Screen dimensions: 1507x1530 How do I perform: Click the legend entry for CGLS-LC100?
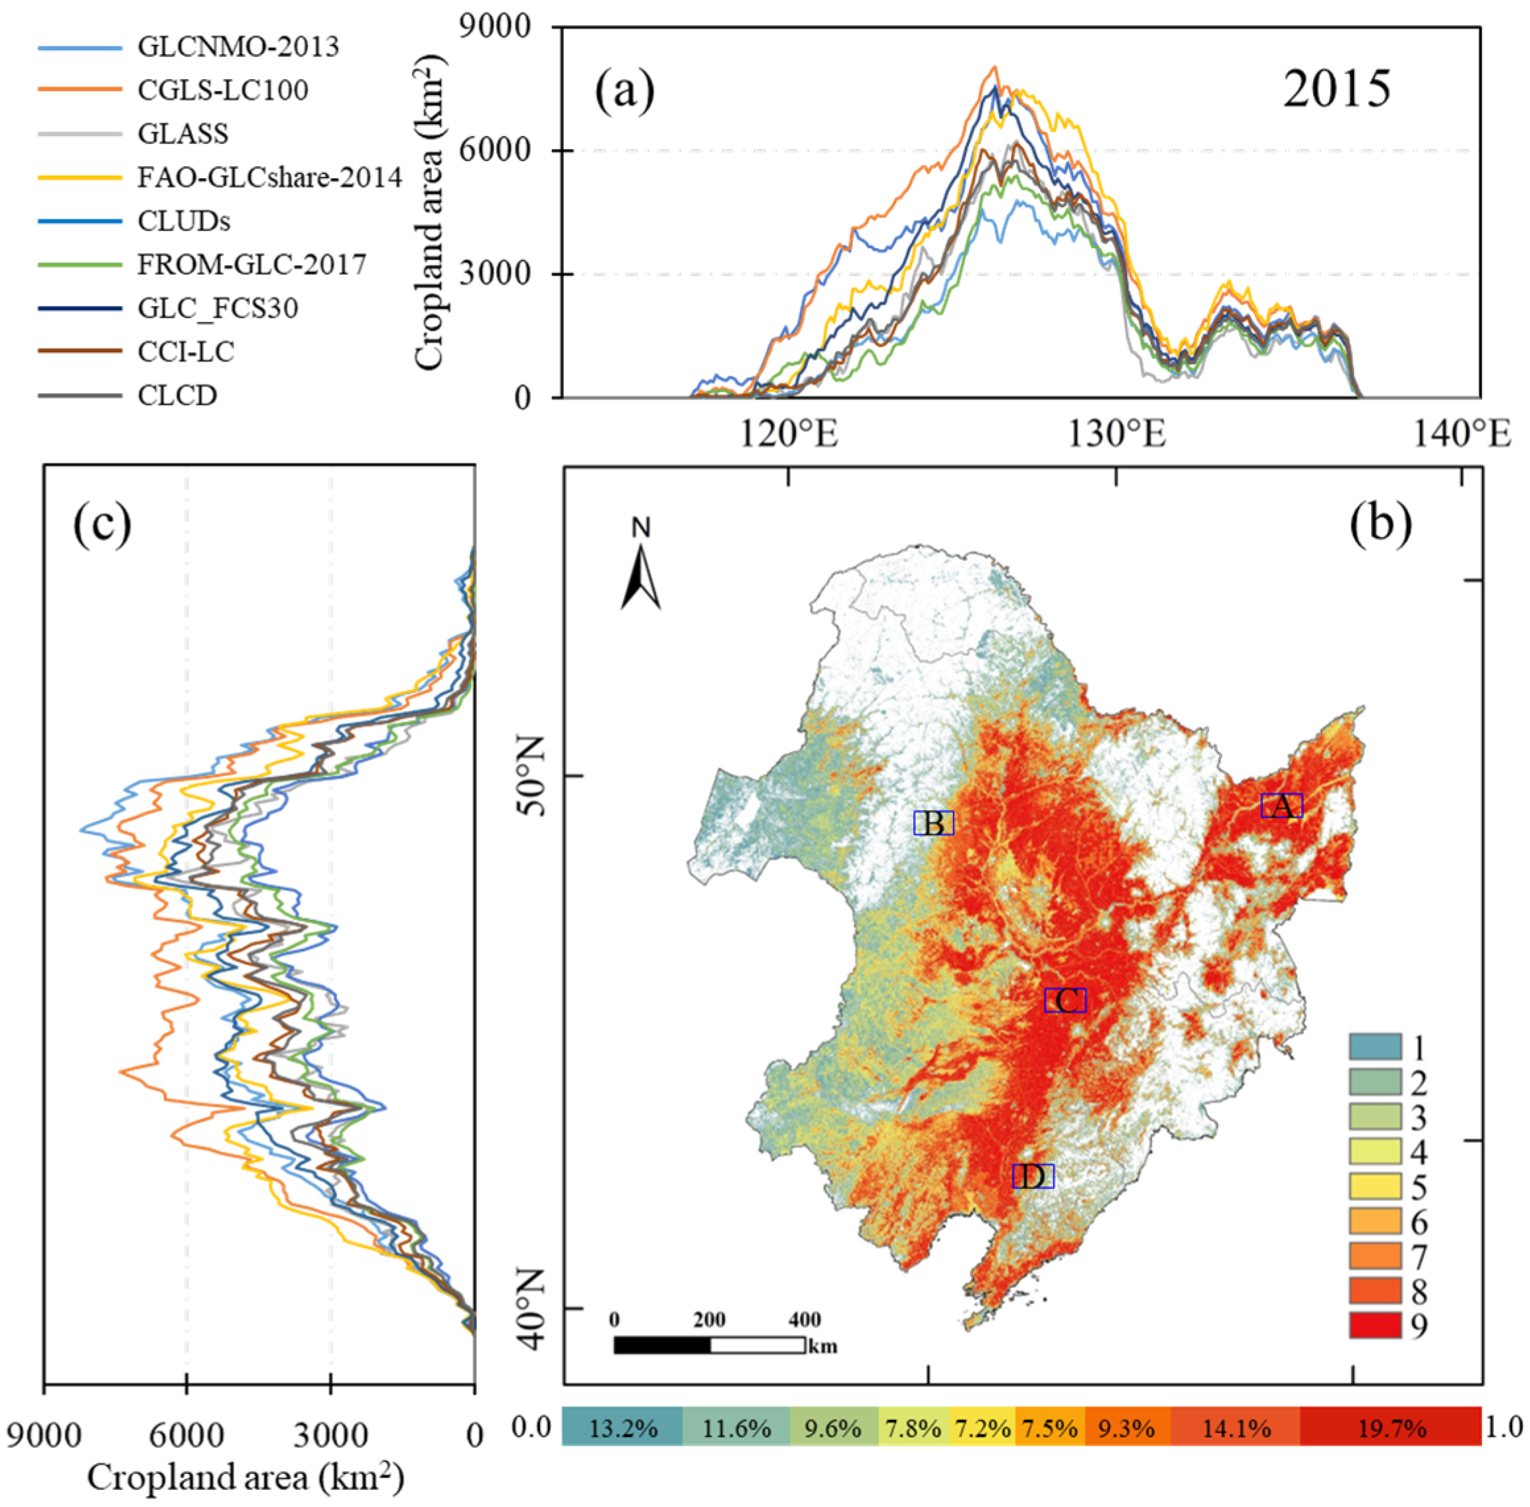pos(222,90)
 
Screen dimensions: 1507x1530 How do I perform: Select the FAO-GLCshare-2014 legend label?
pos(269,177)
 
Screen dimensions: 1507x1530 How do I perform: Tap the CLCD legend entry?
pos(177,395)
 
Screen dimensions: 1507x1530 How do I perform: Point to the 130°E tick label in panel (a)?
pos(1117,435)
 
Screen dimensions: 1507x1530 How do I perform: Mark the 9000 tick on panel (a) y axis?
pos(495,27)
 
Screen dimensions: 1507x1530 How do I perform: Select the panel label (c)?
pos(102,525)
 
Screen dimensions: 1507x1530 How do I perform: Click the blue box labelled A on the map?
pos(1281,806)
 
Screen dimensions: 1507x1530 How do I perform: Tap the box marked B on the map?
pos(933,823)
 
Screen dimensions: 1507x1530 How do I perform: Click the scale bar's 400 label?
pos(804,1320)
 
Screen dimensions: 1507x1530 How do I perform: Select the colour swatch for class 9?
pos(1376,1325)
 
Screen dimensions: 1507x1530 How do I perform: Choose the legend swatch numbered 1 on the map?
pos(1376,1048)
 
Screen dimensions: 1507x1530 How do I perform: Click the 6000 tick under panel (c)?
pos(187,1435)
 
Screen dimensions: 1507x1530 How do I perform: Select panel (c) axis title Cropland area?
pos(245,1477)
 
